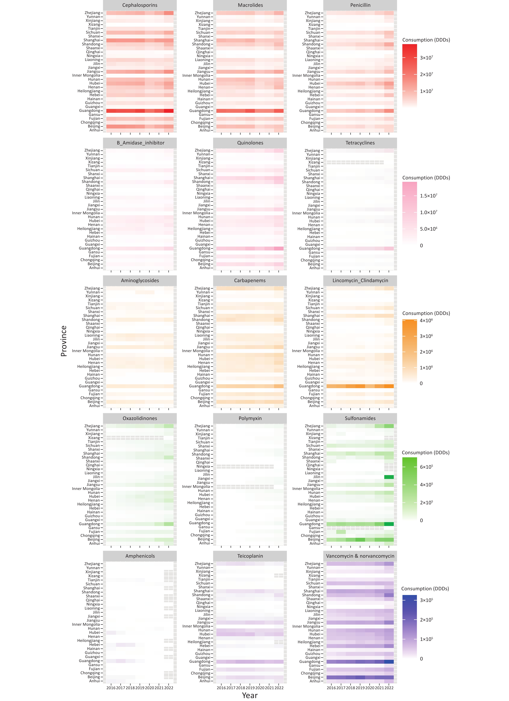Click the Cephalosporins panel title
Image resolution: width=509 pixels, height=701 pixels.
(140, 5)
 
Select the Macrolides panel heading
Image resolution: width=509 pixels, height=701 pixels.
(250, 5)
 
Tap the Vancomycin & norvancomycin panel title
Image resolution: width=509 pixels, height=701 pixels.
(360, 556)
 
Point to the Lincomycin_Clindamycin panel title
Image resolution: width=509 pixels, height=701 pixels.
(360, 281)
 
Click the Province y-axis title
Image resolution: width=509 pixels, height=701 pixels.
(64, 341)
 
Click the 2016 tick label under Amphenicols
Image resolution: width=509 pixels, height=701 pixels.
(111, 688)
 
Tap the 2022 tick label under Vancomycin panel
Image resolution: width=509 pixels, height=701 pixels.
(389, 688)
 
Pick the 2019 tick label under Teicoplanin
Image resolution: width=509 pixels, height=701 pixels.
(250, 688)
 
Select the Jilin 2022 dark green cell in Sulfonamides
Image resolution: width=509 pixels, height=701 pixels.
(389, 477)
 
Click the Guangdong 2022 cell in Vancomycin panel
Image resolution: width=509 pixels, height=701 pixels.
(389, 662)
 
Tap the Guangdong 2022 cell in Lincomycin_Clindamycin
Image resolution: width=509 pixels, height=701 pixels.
(389, 386)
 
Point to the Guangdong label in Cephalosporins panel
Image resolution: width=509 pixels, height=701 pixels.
(89, 111)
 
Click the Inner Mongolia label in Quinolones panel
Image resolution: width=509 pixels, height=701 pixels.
(196, 213)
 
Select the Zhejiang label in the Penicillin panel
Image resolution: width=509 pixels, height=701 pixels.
(313, 13)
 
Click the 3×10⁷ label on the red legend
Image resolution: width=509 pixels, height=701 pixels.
(426, 58)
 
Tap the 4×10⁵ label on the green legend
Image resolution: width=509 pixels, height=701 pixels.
(426, 485)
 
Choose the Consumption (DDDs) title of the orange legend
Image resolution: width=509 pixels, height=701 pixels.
(426, 313)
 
